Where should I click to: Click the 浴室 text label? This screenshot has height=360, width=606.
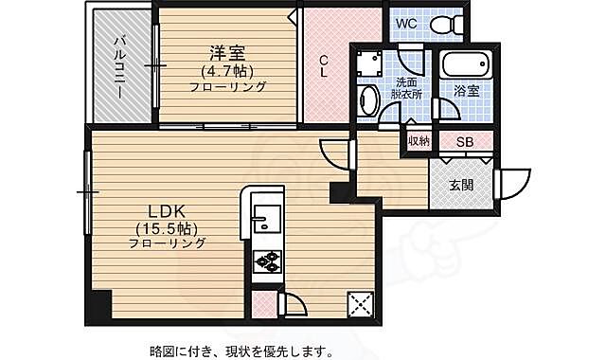pos(466,92)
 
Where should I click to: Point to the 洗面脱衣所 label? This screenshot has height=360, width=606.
pos(408,89)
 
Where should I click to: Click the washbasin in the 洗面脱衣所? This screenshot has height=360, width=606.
pos(367,99)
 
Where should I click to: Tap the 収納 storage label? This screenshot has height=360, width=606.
pos(419,141)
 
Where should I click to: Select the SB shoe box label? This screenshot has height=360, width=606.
pos(465,142)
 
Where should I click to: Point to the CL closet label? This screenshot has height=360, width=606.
pos(324,64)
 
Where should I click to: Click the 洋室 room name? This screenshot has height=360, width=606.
pos(226,52)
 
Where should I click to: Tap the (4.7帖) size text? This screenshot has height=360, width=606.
pos(226,70)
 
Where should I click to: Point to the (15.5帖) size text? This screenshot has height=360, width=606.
pos(167,227)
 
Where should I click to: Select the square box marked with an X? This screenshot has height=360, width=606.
pos(362,304)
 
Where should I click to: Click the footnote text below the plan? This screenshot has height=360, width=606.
pos(241,351)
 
